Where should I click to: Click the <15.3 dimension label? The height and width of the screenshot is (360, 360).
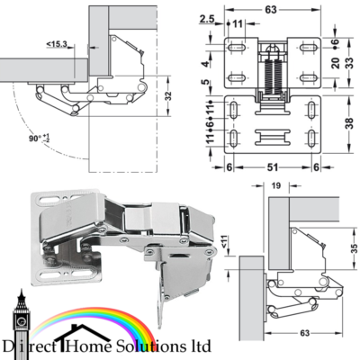tap(57, 44)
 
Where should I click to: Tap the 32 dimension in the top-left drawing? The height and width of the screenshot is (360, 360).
tap(168, 96)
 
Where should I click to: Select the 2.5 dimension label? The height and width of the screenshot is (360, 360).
tap(207, 19)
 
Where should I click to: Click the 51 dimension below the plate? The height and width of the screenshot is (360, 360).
tap(272, 167)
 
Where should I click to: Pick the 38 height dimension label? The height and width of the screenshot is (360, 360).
tap(349, 122)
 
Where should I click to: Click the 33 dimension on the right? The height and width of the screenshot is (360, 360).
tap(349, 62)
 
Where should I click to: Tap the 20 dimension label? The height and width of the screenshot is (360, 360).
tap(336, 63)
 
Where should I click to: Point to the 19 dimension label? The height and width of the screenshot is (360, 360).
tap(276, 186)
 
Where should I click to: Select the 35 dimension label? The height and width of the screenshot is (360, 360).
tap(355, 248)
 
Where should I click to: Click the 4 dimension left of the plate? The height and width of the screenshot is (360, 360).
tap(205, 64)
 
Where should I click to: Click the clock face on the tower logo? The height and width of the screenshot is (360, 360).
tap(22, 320)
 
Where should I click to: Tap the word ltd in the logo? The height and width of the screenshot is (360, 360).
tap(201, 346)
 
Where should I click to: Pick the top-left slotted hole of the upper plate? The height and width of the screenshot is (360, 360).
tap(237, 48)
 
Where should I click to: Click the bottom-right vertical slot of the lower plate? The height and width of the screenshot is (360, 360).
tap(311, 138)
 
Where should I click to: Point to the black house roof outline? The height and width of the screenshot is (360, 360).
tap(78, 331)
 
